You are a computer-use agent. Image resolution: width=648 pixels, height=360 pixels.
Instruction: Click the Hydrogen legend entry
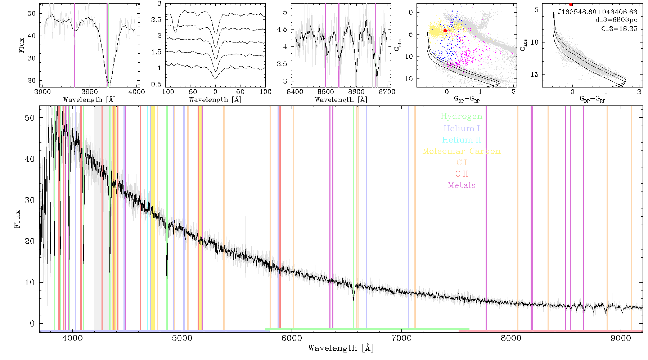(x=461, y=116)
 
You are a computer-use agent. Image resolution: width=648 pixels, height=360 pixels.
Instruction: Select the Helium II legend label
(x=462, y=140)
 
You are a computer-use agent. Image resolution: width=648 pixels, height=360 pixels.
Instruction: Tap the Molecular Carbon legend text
(x=462, y=151)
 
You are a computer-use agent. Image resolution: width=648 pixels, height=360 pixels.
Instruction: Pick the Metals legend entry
(x=462, y=185)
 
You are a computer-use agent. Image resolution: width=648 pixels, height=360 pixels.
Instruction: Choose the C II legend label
(x=462, y=174)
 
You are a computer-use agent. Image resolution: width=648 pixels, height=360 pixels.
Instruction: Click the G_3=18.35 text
(x=619, y=29)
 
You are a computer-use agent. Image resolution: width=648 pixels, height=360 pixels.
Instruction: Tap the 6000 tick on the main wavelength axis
(x=292, y=338)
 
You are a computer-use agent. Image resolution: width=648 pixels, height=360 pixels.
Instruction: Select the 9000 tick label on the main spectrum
(x=621, y=338)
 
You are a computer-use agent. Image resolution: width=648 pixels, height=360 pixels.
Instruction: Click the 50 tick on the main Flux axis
(x=30, y=118)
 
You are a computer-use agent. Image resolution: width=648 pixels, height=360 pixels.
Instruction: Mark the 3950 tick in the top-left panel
(x=90, y=92)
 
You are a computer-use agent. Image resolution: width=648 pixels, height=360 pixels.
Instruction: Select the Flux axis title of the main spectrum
(x=17, y=219)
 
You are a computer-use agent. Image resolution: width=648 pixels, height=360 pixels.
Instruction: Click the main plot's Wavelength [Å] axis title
(x=341, y=348)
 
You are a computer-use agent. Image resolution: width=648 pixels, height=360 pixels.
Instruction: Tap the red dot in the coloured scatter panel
(x=445, y=31)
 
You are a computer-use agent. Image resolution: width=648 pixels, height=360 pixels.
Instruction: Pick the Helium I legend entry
(x=462, y=128)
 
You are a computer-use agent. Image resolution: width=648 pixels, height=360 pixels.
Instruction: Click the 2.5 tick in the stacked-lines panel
(x=156, y=20)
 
